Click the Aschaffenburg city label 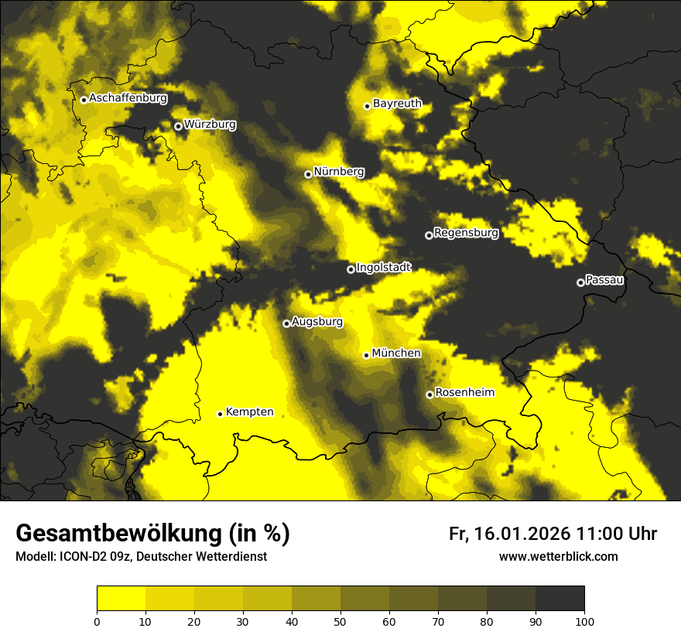pyautogui.click(x=128, y=98)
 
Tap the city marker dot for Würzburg pyautogui.click(x=178, y=126)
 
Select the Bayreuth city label pyautogui.click(x=397, y=103)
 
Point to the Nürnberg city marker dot pyautogui.click(x=308, y=174)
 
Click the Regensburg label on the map pyautogui.click(x=466, y=232)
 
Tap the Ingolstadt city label pyautogui.click(x=384, y=267)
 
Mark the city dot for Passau pyautogui.click(x=580, y=282)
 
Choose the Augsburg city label pyautogui.click(x=317, y=322)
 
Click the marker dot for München pyautogui.click(x=367, y=355)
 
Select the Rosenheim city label pyautogui.click(x=464, y=392)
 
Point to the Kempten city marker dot pyautogui.click(x=221, y=414)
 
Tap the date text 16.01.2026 pyautogui.click(x=520, y=534)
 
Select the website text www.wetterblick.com pyautogui.click(x=558, y=556)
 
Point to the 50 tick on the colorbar pyautogui.click(x=340, y=620)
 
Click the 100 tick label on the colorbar pyautogui.click(x=583, y=620)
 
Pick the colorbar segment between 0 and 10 pyautogui.click(x=121, y=599)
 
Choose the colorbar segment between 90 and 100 pyautogui.click(x=560, y=599)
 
